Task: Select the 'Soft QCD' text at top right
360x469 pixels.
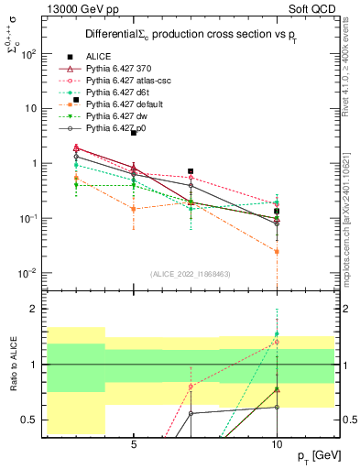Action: click(x=311, y=7)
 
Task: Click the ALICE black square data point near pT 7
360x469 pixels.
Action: click(x=191, y=171)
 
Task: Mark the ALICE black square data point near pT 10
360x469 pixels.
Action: click(x=277, y=211)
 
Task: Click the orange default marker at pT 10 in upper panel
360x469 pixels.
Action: click(x=277, y=251)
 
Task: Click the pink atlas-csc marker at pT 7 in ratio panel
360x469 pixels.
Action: click(x=191, y=387)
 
